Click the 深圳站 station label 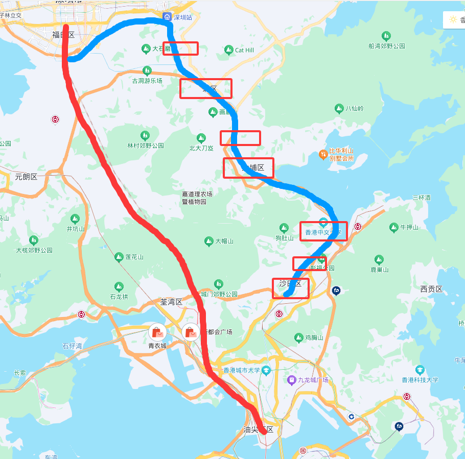click(183, 17)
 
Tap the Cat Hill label click(244, 50)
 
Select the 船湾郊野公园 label click(386, 46)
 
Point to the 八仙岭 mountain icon click(339, 108)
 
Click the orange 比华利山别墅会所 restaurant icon click(323, 154)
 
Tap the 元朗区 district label click(27, 177)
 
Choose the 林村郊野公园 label click(146, 146)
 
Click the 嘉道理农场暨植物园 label click(197, 198)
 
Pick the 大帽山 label click(224, 241)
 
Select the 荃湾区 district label click(171, 302)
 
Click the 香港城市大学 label click(242, 371)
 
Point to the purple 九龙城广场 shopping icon click(291, 380)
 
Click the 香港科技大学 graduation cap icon click(420, 370)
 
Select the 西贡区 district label click(431, 289)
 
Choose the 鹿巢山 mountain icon click(379, 259)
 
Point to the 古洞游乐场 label click(147, 81)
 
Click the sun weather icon click(453, 20)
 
